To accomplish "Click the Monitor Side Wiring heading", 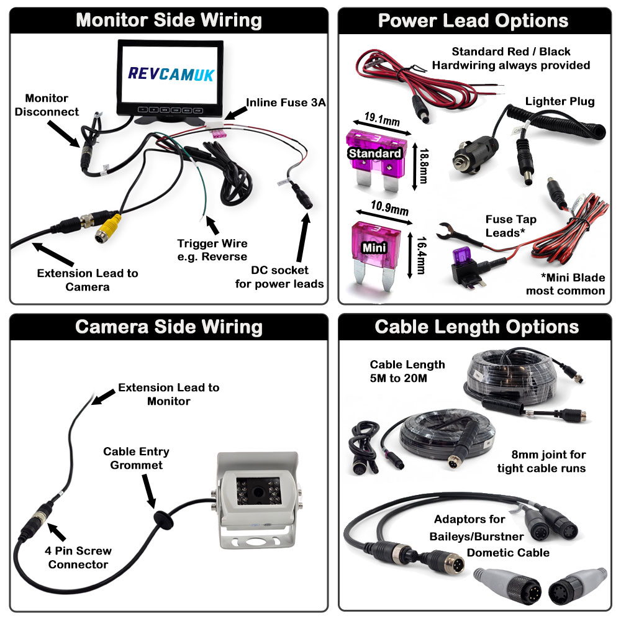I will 168,20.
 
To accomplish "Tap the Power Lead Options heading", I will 473,20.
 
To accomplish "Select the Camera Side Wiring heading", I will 168,327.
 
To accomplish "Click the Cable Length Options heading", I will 477,327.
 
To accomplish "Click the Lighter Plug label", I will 560,101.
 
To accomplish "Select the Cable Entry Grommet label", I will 136,458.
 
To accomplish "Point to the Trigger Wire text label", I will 212,250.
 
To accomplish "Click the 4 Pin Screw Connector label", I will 78,558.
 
